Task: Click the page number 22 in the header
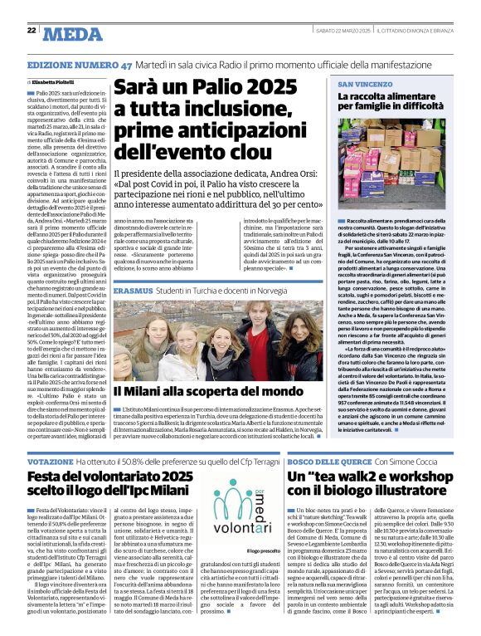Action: pos(31,31)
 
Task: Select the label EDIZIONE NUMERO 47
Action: pos(80,65)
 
